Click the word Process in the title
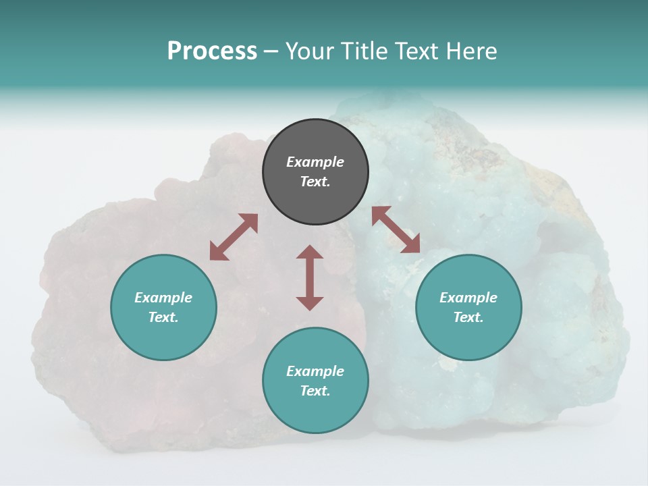[212, 51]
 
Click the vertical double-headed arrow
[310, 277]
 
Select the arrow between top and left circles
[234, 237]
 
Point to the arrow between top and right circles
[396, 230]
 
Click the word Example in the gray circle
[315, 162]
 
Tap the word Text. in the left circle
[163, 317]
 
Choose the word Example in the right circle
[468, 298]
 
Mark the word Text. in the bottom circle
[315, 391]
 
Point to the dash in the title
[271, 52]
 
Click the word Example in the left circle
[163, 298]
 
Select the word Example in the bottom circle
[315, 371]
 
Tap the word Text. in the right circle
[468, 317]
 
